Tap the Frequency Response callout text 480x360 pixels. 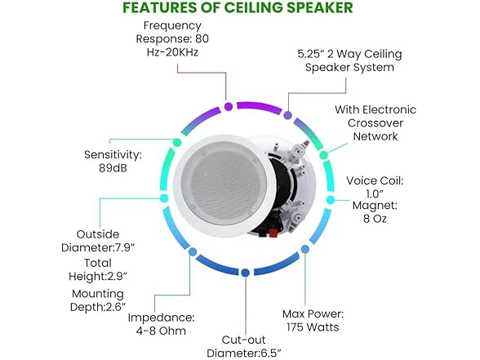[x=173, y=39]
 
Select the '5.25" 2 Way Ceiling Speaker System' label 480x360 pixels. [x=349, y=60]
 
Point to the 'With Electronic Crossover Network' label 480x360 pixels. [x=376, y=122]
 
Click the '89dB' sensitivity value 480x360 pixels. [x=113, y=168]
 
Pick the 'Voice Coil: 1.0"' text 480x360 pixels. [x=375, y=187]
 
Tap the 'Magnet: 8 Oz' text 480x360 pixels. [x=375, y=212]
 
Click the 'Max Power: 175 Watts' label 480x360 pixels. [x=313, y=320]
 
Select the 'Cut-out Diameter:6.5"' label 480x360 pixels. [x=244, y=346]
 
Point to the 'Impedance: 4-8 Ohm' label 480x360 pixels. [x=161, y=324]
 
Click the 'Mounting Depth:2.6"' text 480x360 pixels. [x=98, y=300]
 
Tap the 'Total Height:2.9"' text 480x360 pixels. [x=98, y=269]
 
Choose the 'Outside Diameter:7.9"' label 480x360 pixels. [x=98, y=241]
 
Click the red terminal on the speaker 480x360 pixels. [x=273, y=233]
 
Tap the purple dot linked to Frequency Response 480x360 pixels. [x=229, y=106]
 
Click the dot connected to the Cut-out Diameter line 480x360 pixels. [x=245, y=273]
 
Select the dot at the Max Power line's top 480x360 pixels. [x=305, y=249]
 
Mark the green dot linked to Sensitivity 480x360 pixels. [x=177, y=142]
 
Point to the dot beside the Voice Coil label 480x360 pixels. [x=331, y=200]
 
